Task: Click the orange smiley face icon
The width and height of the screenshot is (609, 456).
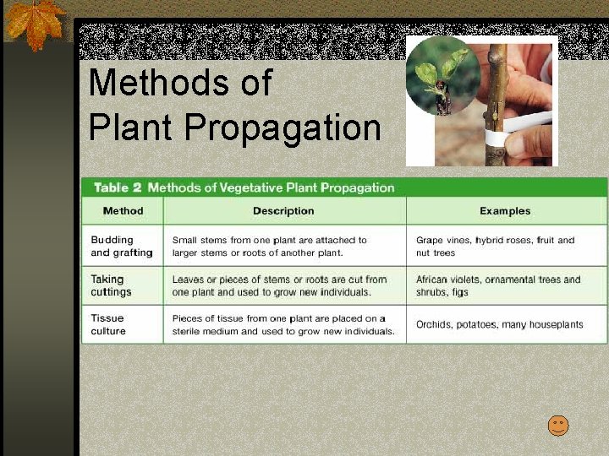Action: [558, 426]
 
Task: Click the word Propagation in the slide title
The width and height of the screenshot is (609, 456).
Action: [283, 128]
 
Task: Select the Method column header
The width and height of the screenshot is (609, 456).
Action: [123, 211]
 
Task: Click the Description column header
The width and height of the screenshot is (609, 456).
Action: [283, 211]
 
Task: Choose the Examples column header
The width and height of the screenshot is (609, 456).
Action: [505, 211]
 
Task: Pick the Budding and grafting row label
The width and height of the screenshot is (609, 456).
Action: [122, 247]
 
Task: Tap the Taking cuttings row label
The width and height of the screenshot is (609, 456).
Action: [112, 285]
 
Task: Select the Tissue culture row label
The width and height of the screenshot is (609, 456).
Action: [108, 324]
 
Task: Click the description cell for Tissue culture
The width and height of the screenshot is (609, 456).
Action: [283, 325]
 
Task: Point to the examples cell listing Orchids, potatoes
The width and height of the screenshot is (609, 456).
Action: [499, 324]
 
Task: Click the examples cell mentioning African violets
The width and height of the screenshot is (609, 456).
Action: [498, 285]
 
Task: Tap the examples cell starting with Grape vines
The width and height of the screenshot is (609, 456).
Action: [495, 247]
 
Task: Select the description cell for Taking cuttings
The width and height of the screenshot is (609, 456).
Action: [279, 285]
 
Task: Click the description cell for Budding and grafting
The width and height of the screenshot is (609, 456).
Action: [269, 247]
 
